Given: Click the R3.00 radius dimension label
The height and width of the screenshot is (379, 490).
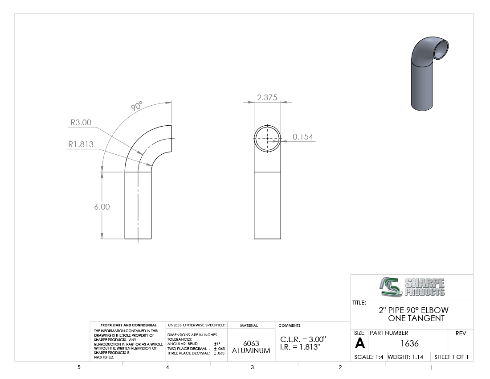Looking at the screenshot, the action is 81,123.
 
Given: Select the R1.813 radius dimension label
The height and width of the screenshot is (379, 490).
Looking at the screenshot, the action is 81,144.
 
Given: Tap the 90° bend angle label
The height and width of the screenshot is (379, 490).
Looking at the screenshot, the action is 137,106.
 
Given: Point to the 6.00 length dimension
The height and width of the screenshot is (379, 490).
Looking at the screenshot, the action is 102,207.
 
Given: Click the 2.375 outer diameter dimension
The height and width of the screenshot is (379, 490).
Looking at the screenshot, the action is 267,98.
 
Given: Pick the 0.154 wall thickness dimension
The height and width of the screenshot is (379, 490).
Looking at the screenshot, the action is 303,137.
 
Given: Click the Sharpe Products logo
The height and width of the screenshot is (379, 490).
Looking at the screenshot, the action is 412,287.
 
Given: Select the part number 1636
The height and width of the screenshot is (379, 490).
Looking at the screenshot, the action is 409,344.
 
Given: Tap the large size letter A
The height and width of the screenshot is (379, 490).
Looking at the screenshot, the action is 359,344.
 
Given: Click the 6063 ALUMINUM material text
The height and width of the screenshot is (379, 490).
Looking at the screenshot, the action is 251,347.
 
